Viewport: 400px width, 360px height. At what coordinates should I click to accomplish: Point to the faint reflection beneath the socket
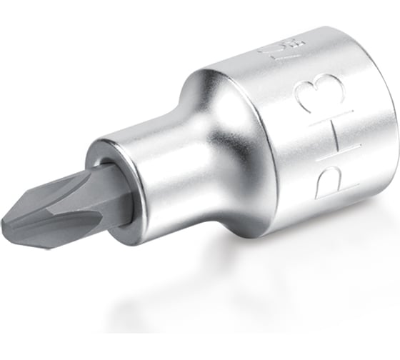[x=250, y=293]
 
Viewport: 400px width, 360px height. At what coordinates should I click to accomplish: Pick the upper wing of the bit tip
[x=43, y=182]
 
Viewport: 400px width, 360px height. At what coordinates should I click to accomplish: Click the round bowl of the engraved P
[x=325, y=179]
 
